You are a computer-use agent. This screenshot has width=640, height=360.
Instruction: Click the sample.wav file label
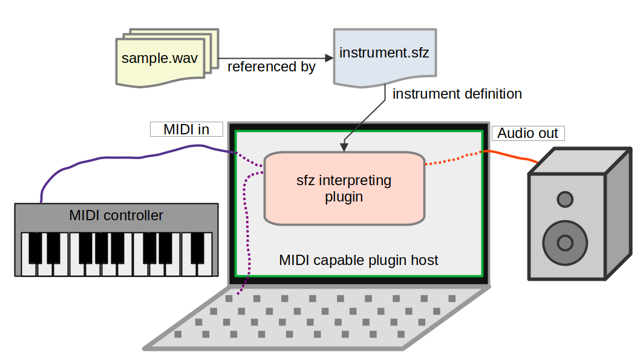160,59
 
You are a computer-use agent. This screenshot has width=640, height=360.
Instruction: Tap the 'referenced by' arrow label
271,67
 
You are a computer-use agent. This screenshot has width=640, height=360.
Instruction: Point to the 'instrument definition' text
457,94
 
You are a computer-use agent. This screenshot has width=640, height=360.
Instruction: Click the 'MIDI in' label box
186,129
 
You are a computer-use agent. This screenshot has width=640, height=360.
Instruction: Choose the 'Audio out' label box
527,133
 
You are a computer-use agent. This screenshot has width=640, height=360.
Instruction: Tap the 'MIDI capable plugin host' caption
358,260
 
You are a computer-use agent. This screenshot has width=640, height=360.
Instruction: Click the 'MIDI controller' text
116,215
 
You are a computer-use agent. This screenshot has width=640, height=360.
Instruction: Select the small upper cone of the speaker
565,198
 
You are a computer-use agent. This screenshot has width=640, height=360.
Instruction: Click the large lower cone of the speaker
565,243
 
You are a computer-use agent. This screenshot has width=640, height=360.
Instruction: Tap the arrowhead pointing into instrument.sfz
329,58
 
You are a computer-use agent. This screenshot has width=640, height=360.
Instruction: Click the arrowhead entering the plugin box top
344,147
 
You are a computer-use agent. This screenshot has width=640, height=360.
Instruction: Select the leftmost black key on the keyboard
36,247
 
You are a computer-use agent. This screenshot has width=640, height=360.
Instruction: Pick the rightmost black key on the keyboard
198,247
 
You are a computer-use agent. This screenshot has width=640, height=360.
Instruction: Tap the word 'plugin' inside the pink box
344,197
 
